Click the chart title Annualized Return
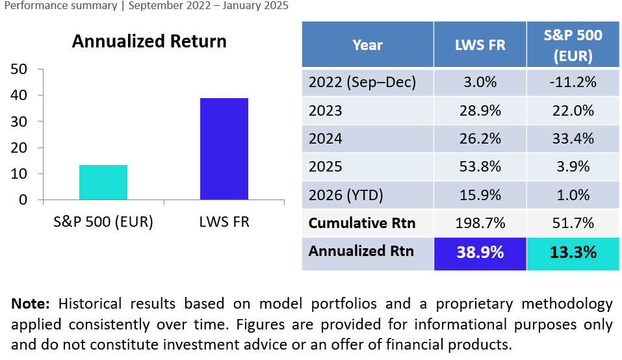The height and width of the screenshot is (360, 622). (149, 42)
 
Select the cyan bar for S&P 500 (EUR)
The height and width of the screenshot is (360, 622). (103, 183)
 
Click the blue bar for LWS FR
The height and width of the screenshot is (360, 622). (224, 149)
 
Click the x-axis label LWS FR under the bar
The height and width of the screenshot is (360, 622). (224, 222)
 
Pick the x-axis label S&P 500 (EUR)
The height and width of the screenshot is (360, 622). (103, 222)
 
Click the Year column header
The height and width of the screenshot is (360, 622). (367, 45)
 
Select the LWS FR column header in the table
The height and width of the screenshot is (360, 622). (480, 45)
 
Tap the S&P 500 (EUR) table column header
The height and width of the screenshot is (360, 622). (573, 45)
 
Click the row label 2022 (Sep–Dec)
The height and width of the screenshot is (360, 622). (362, 83)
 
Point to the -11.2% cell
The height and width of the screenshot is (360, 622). (573, 83)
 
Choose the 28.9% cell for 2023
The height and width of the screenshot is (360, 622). (480, 110)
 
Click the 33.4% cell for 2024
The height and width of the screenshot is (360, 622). (573, 138)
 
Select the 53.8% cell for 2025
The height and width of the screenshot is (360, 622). (480, 166)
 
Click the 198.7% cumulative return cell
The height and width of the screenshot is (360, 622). (480, 223)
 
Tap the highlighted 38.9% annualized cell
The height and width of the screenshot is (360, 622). (480, 253)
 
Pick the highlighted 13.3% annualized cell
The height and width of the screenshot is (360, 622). (573, 253)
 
